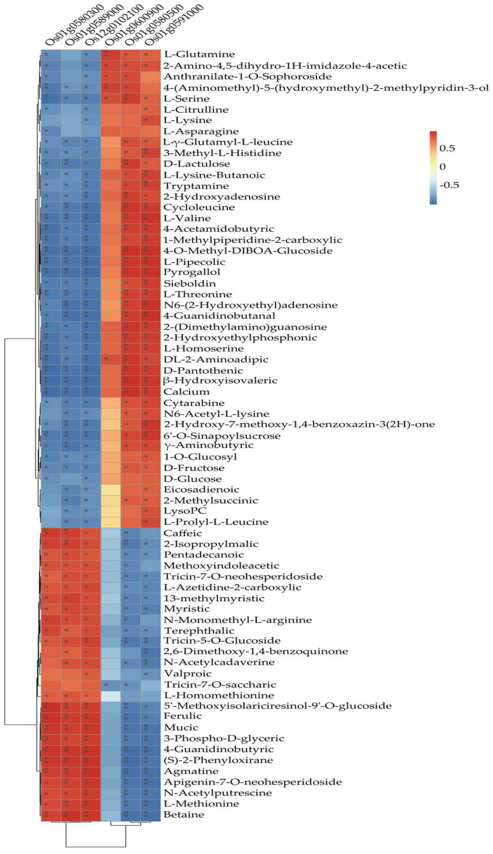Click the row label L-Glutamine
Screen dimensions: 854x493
(x=199, y=54)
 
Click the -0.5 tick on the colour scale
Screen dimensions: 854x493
(x=449, y=185)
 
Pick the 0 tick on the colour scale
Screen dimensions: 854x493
(x=443, y=167)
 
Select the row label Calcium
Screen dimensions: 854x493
(x=186, y=392)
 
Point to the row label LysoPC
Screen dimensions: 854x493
(x=185, y=511)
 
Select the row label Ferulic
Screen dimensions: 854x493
(x=183, y=716)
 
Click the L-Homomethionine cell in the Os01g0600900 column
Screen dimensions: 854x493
(x=111, y=695)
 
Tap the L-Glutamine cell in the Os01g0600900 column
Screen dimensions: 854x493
(x=111, y=54)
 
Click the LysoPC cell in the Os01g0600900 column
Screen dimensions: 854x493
(x=111, y=511)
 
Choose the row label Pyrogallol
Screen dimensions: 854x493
(x=192, y=272)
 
